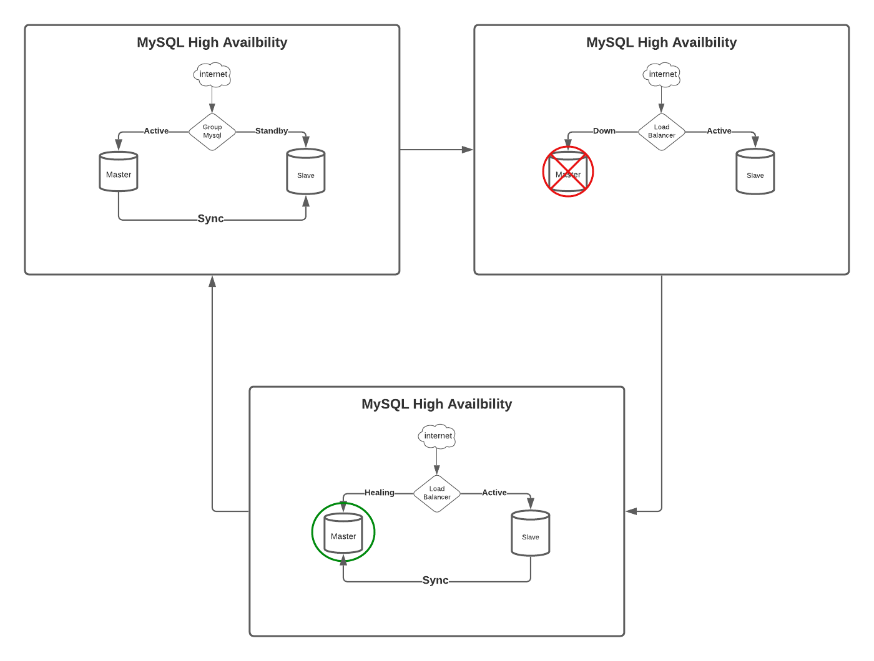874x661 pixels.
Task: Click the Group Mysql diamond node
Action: [x=212, y=132]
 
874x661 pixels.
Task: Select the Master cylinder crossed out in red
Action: [x=568, y=171]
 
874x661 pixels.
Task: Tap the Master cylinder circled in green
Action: [x=343, y=534]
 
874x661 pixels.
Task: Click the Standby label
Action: [x=272, y=131]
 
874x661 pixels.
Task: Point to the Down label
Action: [x=604, y=131]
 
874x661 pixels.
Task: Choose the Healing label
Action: [x=380, y=493]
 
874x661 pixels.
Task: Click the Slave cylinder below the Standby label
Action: [x=306, y=171]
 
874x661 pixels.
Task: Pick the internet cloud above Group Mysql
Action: [x=212, y=74]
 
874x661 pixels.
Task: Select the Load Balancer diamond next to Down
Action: [x=662, y=132]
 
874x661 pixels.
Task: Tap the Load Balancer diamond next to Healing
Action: [x=437, y=493]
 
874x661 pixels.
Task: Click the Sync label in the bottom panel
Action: [x=435, y=581]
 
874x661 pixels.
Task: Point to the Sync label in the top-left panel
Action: [x=210, y=219]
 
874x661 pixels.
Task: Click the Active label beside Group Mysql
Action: [x=156, y=131]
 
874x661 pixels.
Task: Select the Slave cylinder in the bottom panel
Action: [x=531, y=533]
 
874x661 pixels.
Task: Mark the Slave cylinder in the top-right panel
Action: [x=755, y=171]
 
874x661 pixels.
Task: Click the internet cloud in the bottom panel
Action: [x=437, y=436]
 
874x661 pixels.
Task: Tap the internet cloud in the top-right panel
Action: [x=662, y=74]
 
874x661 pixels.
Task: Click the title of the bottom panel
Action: [x=437, y=404]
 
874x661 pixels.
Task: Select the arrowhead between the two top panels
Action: [x=467, y=150]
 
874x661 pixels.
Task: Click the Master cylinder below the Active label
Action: [x=119, y=171]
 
